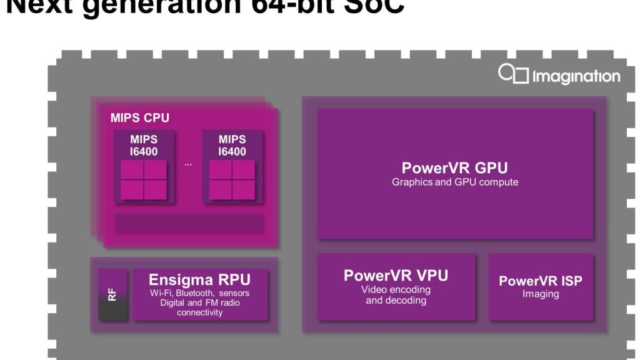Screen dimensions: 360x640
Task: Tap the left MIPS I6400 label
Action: coord(143,145)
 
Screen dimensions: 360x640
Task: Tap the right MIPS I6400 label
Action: coord(232,145)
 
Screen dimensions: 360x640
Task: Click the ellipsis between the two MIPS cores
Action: coord(188,164)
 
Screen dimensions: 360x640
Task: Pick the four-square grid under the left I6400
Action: coord(143,180)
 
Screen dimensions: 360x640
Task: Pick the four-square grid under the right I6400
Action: coord(232,180)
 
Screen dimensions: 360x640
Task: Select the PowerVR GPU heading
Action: coord(454,168)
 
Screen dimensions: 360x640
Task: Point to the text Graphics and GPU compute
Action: coord(454,182)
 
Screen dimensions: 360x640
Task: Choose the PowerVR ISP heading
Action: coord(540,281)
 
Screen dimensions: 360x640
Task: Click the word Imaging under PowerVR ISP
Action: coord(540,294)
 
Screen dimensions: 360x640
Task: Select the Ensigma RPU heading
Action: coord(199,279)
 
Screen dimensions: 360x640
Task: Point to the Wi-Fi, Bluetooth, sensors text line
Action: coord(200,293)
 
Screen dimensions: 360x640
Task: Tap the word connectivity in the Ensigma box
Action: coord(200,312)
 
